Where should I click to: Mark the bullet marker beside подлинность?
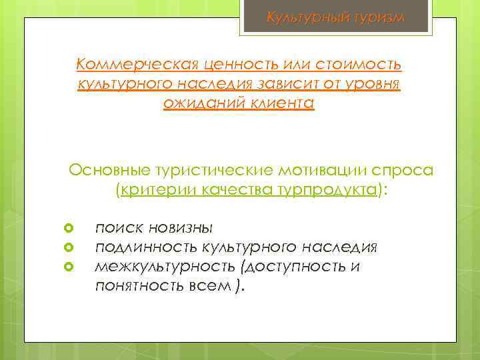pos(68,249)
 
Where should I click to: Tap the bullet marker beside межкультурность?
pos(68,268)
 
